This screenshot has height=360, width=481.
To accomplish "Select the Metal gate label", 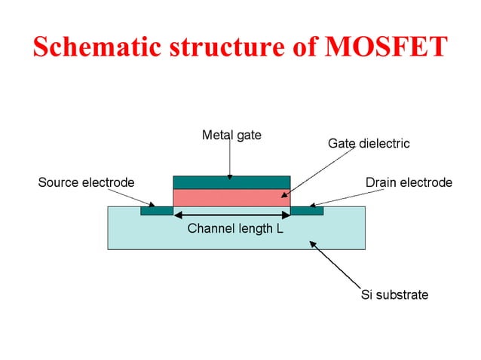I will click(231, 136).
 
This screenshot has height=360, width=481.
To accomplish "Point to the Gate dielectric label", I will click(369, 143).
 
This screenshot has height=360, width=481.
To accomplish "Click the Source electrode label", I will click(86, 182).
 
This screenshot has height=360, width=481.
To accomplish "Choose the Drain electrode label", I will click(409, 182).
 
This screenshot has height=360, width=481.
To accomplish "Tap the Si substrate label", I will click(394, 294).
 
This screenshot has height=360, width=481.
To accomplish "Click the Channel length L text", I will click(234, 228).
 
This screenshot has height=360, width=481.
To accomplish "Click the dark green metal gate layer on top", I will click(231, 182).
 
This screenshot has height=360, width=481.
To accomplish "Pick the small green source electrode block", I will click(157, 211).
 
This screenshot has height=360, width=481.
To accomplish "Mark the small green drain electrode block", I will click(307, 211).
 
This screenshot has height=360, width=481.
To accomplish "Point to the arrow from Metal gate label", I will click(231, 160).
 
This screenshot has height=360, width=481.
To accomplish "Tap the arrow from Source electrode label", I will click(132, 197).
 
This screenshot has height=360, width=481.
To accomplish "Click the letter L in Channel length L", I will click(280, 228).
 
